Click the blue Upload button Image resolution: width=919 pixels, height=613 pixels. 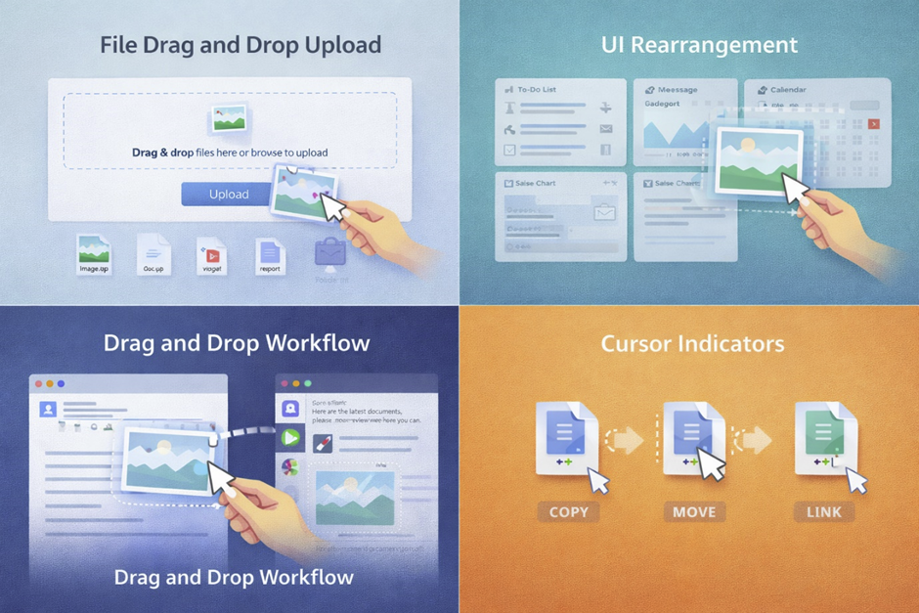coord(228,194)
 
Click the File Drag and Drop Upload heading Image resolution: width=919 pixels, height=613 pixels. coord(241,45)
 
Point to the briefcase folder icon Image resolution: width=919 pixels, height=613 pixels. coord(329,253)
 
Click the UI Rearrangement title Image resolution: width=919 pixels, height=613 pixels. coord(699,45)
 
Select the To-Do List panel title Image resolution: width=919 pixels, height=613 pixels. coord(536,89)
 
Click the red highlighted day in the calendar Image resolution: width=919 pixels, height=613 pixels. coord(873,124)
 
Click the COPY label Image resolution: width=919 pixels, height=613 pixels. coord(568,511)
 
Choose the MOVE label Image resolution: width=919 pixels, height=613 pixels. coord(694,511)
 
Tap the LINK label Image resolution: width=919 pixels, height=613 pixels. coord(824,511)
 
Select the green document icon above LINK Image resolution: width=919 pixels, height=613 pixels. coord(824,436)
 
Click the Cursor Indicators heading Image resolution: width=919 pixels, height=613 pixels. coord(693,344)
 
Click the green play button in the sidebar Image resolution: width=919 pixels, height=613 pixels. coord(290,438)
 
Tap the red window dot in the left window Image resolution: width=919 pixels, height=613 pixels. coord(40,384)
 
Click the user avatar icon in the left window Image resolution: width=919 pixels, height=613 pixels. coord(48,410)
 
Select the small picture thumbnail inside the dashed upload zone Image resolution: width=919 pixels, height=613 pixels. coord(228,119)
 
